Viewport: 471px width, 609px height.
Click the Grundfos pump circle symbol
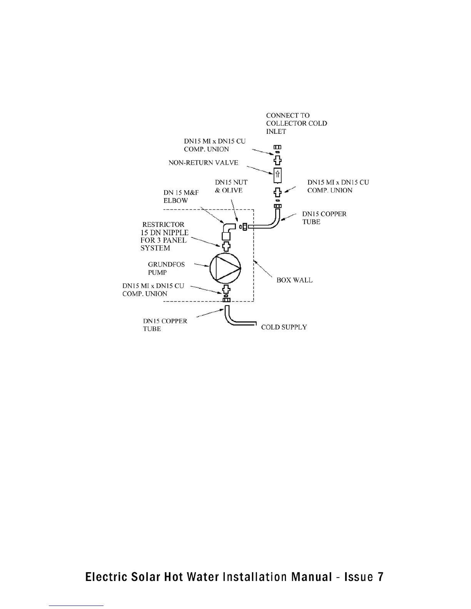click(x=225, y=266)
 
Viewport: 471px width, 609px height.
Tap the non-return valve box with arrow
click(x=278, y=175)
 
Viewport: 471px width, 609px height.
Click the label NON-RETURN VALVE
click(x=203, y=163)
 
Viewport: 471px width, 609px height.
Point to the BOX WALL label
click(x=294, y=280)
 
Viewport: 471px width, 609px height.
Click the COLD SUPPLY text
click(x=284, y=327)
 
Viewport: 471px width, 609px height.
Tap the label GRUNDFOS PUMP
click(x=166, y=268)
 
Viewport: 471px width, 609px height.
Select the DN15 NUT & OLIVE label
click(x=231, y=186)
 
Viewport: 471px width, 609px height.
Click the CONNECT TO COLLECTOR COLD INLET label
click(x=296, y=123)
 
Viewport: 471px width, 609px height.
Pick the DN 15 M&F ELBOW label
click(x=181, y=196)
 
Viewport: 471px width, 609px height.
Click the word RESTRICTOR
click(x=163, y=225)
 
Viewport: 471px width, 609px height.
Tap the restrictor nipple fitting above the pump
click(x=226, y=245)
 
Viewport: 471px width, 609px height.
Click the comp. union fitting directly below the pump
click(x=226, y=290)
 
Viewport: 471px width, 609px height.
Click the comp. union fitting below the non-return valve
click(x=277, y=192)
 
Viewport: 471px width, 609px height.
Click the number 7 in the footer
click(x=380, y=576)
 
